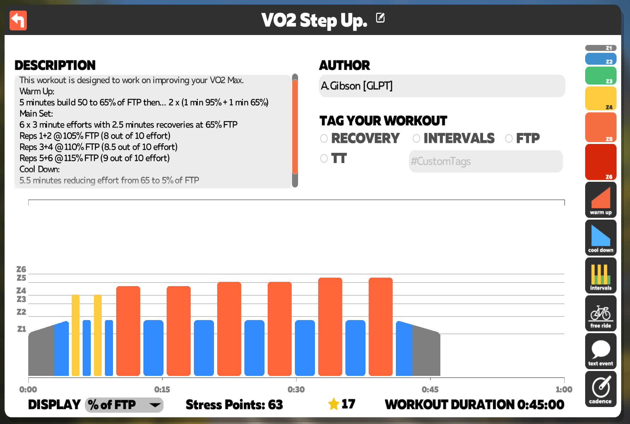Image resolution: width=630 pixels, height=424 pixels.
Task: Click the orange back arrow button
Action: [18, 21]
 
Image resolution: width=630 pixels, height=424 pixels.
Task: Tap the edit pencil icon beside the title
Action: [380, 17]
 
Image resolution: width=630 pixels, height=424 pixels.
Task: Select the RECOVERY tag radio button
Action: [324, 138]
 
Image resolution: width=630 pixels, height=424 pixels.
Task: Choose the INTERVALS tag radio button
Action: [416, 138]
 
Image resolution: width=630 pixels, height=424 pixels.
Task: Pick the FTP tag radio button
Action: [509, 138]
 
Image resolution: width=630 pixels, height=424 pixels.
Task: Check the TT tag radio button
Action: [324, 158]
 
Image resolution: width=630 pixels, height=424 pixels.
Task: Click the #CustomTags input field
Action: [486, 161]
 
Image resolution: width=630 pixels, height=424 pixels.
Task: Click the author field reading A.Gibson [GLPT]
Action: [442, 86]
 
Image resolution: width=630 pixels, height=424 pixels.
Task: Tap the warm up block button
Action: [601, 200]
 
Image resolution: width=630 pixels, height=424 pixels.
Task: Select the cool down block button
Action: [601, 238]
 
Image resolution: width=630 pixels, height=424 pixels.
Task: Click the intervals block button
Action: [601, 275]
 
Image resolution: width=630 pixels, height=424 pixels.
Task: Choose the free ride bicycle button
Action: [601, 313]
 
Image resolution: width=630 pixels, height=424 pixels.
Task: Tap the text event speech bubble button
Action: [601, 351]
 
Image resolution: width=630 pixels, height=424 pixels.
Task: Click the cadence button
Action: [601, 389]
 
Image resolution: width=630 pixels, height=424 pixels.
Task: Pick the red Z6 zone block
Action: [601, 162]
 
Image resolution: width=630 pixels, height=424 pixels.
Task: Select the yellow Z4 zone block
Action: [601, 99]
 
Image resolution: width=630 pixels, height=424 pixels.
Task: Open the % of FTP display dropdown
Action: [124, 405]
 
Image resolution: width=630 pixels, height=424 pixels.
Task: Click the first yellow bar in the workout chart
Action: [76, 335]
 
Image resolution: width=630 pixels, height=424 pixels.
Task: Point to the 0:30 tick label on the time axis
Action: [296, 389]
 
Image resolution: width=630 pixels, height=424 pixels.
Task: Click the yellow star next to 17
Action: [334, 404]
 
